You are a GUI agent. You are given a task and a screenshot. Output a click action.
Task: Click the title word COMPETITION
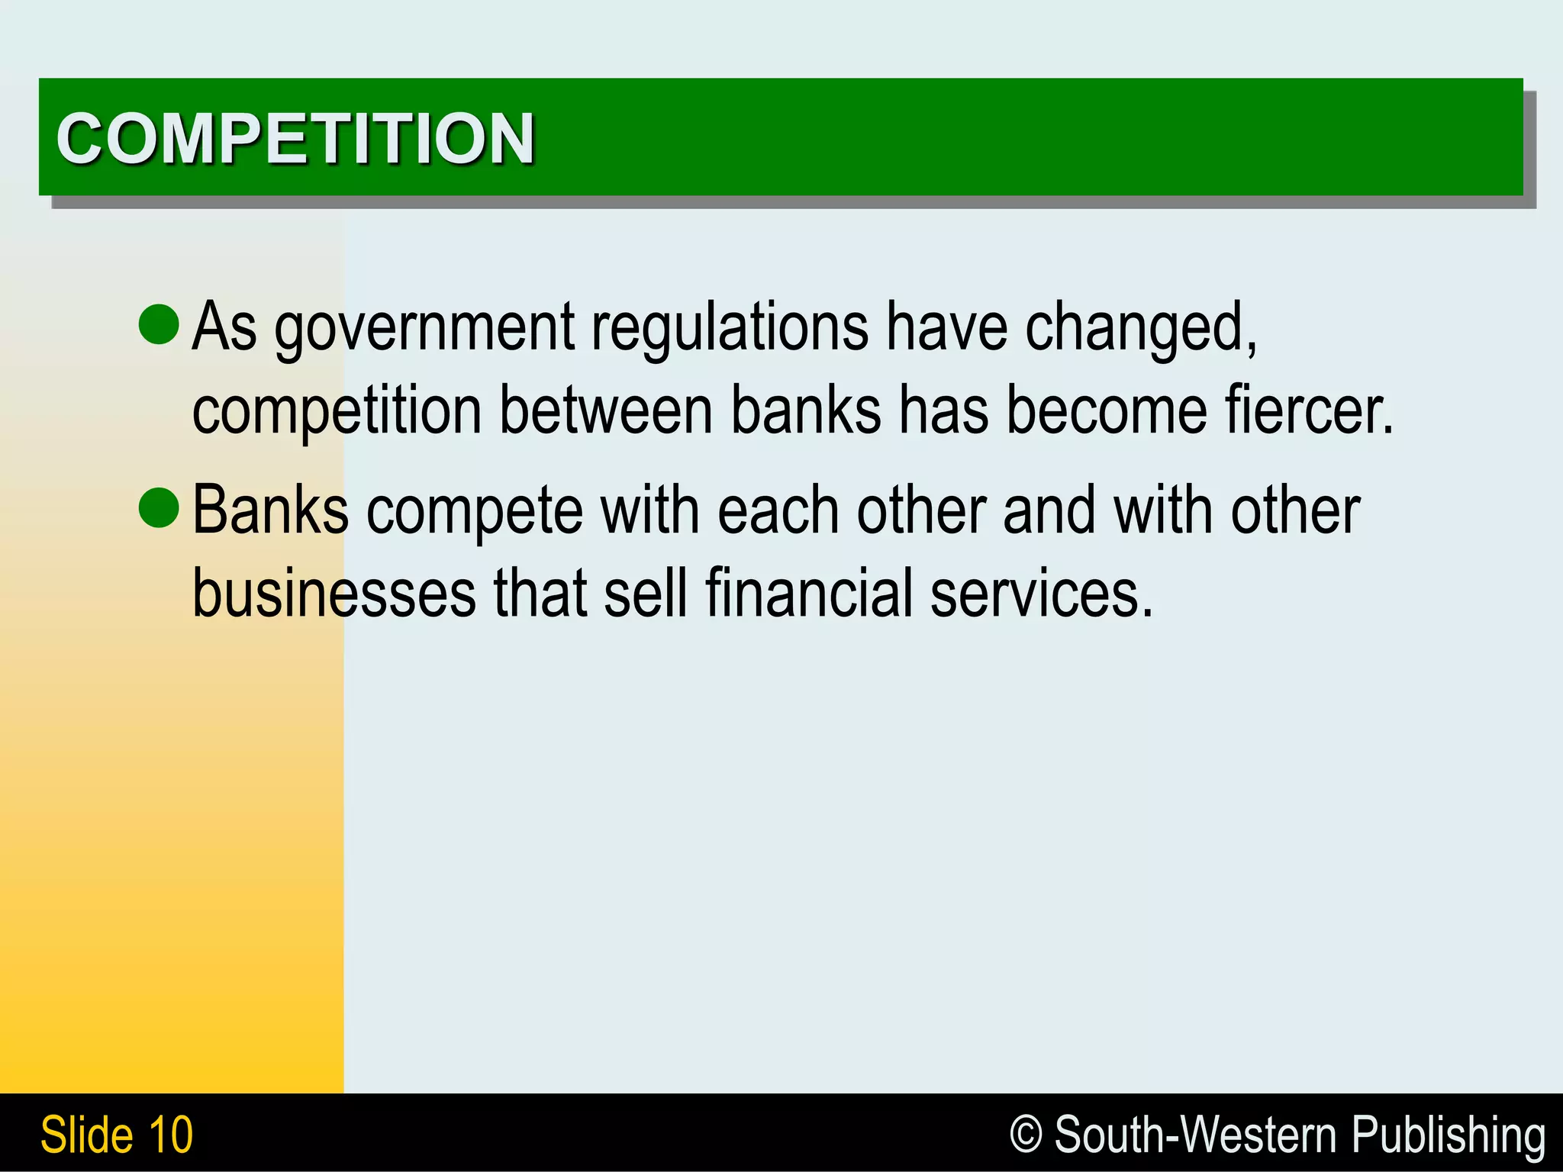(295, 138)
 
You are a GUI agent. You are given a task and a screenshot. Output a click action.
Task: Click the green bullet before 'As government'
(159, 324)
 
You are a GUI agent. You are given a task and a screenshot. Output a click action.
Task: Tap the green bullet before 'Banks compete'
(159, 507)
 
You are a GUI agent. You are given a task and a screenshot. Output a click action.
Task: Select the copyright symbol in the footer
(1026, 1134)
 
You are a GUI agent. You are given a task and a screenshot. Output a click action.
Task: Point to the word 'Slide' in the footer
(86, 1135)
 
